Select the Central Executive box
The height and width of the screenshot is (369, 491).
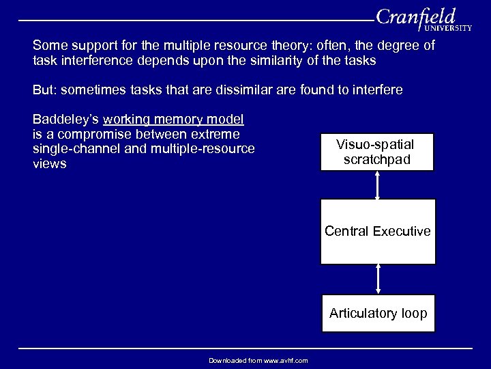(378, 231)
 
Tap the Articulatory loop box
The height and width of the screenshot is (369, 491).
(378, 314)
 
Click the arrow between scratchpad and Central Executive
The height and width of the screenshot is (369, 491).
(378, 184)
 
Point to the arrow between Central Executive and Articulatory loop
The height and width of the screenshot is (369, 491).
(378, 279)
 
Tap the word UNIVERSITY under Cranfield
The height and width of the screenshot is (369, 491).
(447, 29)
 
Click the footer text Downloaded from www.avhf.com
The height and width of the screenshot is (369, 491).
(258, 360)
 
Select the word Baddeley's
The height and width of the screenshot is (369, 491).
(65, 118)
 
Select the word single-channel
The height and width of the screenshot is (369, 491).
(75, 148)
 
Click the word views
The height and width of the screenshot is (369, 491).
(50, 164)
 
